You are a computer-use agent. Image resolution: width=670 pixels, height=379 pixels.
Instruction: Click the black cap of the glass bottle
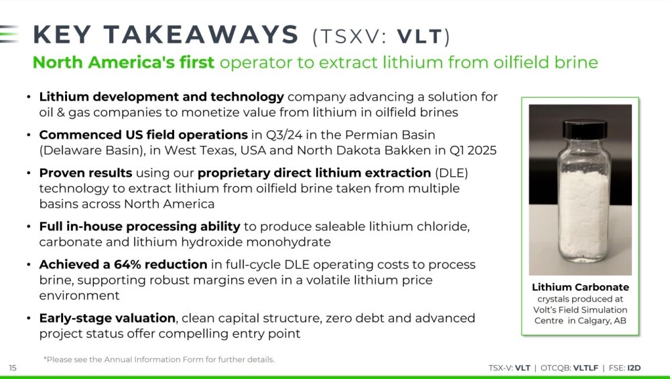point(584,131)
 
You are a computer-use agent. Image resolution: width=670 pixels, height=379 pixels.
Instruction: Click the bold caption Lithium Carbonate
point(580,287)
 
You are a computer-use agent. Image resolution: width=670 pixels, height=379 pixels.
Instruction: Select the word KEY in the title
point(62,35)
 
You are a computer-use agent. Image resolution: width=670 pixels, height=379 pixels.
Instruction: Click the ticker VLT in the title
point(420,37)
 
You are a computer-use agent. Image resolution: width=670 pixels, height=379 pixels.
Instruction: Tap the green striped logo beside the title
point(9,34)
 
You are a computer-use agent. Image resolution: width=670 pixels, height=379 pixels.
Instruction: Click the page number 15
point(13,368)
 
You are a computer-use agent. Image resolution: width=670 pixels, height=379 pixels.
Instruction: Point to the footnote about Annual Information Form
point(159,360)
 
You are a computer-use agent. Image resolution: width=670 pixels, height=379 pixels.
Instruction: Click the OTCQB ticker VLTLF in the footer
point(586,368)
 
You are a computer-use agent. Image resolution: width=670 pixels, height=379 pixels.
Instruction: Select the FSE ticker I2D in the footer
point(634,368)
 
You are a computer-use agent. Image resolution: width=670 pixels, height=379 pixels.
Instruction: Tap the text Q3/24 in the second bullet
point(284,135)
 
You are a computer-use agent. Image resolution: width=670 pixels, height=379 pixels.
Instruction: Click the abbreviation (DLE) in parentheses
point(452,173)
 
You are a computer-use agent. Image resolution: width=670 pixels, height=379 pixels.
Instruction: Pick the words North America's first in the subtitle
point(123,62)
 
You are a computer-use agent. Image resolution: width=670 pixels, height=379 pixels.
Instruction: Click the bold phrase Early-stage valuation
point(107,318)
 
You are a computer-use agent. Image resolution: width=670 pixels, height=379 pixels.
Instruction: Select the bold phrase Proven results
point(86,173)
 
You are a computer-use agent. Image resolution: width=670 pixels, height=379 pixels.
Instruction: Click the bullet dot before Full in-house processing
point(29,226)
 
